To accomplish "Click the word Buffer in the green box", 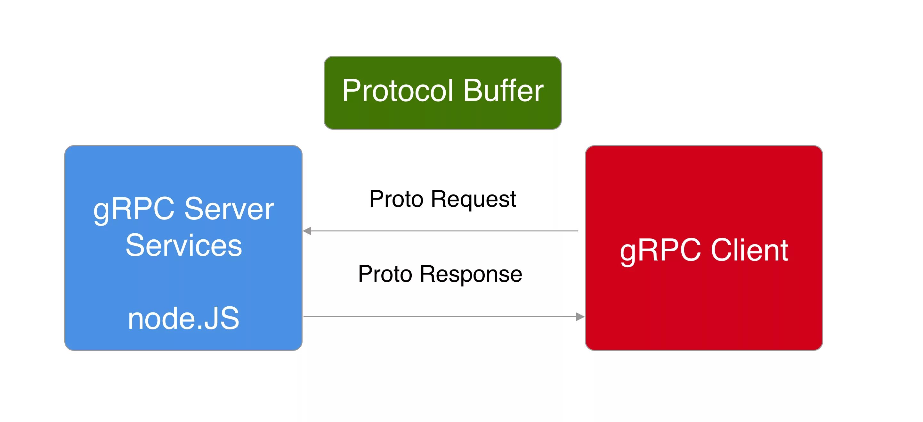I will click(x=503, y=91).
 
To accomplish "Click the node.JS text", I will click(x=183, y=319).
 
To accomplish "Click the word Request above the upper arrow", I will click(x=473, y=200).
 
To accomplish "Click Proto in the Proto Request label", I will click(x=396, y=199).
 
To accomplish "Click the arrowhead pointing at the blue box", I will click(x=307, y=231).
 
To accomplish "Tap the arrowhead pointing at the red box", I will click(x=580, y=317).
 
